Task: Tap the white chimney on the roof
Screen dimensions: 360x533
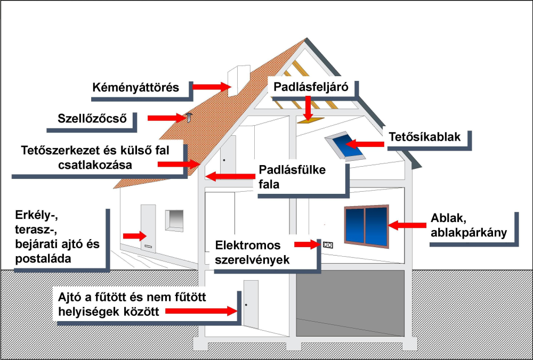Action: tap(239, 81)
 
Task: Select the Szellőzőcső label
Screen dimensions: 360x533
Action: tap(93, 118)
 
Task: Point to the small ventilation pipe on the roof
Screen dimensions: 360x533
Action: tap(188, 118)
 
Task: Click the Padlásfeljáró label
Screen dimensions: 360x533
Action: tap(311, 87)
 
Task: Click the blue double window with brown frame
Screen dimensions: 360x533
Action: tap(366, 226)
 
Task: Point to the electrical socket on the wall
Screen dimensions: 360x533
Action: tap(327, 245)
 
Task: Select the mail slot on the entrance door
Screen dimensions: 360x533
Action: tap(149, 247)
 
